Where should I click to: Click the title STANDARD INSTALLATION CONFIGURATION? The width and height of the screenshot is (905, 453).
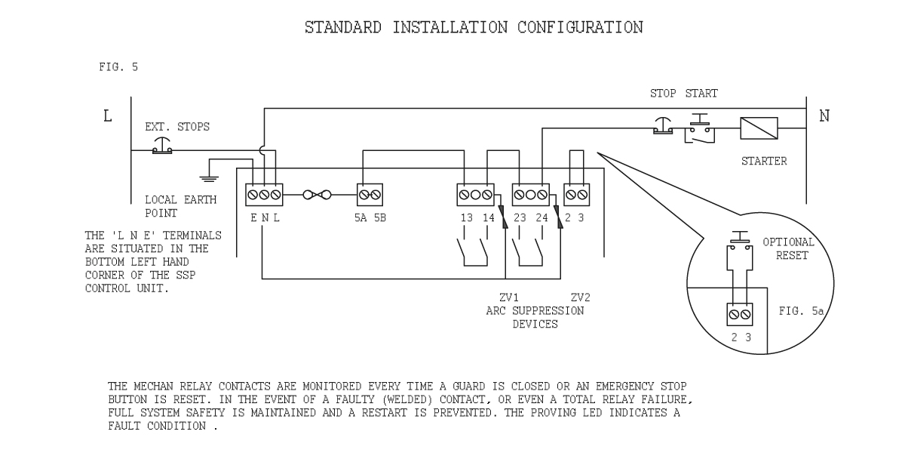pyautogui.click(x=474, y=28)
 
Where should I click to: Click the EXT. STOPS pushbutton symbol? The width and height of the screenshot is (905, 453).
pyautogui.click(x=162, y=146)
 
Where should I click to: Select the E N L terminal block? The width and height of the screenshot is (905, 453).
pyautogui.click(x=264, y=195)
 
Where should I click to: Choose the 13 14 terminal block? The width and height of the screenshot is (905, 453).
pyautogui.click(x=475, y=195)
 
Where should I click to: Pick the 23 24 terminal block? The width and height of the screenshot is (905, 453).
pyautogui.click(x=530, y=195)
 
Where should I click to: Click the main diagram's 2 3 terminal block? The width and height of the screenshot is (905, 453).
pyautogui.click(x=577, y=195)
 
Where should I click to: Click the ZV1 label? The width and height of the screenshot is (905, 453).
pyautogui.click(x=499, y=297)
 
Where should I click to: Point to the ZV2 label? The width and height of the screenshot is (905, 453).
pyautogui.click(x=580, y=297)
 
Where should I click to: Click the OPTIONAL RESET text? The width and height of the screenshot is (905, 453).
pyautogui.click(x=788, y=248)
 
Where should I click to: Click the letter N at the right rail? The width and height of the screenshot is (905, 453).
pyautogui.click(x=824, y=117)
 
